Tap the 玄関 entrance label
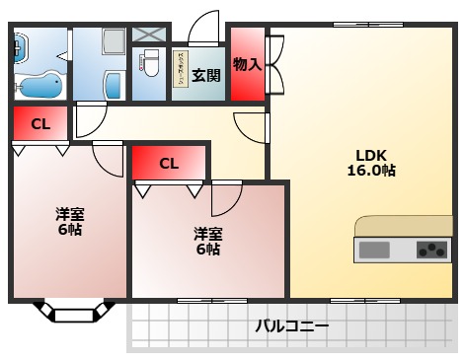205,74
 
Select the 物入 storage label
247,65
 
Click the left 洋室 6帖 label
68,221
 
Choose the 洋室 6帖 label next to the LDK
207,241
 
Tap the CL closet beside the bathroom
39,124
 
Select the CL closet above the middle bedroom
169,164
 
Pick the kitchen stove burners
431,250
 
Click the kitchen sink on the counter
374,250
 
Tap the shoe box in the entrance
182,70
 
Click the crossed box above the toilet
150,33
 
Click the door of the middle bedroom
227,198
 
